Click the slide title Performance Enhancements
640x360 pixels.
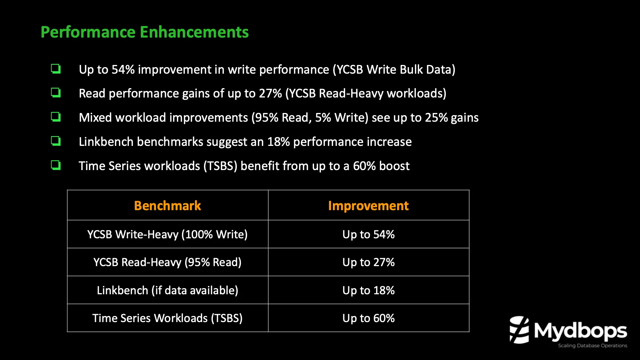144,32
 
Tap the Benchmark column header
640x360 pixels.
167,206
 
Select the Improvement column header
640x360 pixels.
368,206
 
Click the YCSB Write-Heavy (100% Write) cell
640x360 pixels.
167,234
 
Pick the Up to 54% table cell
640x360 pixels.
368,234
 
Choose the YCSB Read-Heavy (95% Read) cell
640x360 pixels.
167,262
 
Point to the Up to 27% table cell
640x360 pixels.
368,262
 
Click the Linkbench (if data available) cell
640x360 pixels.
167,290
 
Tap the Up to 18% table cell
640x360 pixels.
368,290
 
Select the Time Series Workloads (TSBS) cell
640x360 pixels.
167,318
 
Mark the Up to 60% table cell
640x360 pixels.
368,318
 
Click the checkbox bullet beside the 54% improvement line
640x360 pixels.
56,69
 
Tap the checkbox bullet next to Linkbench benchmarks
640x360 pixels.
56,141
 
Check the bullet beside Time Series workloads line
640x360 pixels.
56,165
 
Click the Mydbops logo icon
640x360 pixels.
519,330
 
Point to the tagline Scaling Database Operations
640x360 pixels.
592,346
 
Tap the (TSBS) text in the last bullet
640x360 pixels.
220,166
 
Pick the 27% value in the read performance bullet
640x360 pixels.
270,94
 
